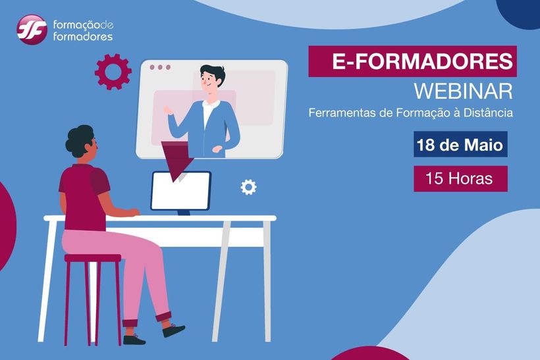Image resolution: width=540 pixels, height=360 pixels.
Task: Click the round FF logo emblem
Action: click(32, 30)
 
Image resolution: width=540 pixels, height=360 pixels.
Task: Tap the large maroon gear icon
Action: click(113, 72)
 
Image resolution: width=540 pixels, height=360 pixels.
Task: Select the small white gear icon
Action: click(248, 187)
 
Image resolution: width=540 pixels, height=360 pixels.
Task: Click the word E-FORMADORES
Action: click(422, 61)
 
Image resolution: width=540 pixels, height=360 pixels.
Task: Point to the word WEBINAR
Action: click(463, 91)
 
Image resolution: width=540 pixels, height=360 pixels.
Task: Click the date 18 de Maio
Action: click(460, 145)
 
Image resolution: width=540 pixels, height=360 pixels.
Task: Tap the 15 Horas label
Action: click(459, 178)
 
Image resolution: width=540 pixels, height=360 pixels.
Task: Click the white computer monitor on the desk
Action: click(181, 191)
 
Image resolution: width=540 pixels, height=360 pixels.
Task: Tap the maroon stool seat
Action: click(93, 258)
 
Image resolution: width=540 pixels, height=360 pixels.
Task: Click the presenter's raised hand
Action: click(169, 111)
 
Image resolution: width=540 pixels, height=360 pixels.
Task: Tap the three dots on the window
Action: click(160, 67)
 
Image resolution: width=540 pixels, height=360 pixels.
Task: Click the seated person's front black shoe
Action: click(174, 330)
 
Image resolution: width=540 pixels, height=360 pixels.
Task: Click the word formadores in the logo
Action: click(83, 36)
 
